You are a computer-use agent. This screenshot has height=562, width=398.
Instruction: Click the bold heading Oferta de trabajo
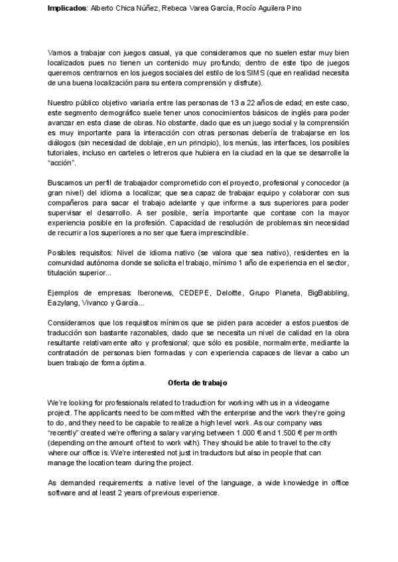[x=198, y=383]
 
